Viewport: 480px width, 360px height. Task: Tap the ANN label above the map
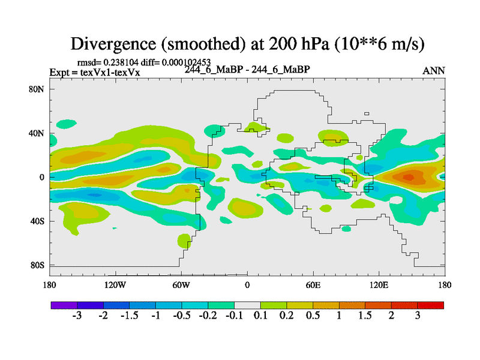(434, 71)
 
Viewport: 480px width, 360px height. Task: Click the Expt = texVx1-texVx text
(95, 73)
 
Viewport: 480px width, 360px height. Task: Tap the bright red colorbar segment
(431, 305)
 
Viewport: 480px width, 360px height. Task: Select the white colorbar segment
(247, 305)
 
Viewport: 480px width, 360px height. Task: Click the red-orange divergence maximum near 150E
(409, 176)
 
